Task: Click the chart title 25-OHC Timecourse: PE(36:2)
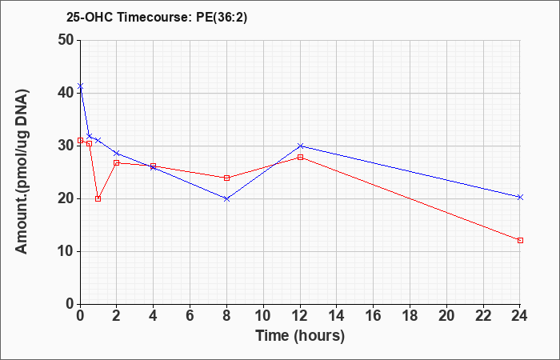tap(157, 18)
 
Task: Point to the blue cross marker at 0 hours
tap(80, 86)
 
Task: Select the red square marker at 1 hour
tap(98, 199)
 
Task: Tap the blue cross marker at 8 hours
tap(226, 198)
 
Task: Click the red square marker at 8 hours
tap(226, 178)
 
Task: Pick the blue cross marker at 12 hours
tap(300, 146)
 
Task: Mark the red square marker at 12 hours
tap(300, 157)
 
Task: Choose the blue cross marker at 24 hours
tap(520, 197)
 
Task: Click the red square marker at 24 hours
tap(520, 240)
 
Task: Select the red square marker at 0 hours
tap(80, 140)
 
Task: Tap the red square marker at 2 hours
tap(117, 163)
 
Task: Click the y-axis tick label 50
tap(66, 40)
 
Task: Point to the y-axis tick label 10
tap(66, 251)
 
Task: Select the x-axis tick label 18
tap(410, 316)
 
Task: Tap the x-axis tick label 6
tap(190, 316)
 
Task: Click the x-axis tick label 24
tap(519, 316)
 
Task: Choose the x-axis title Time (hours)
tap(300, 336)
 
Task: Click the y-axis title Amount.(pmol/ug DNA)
tap(22, 171)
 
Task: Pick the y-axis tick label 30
tap(66, 146)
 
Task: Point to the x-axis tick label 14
tap(337, 316)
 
